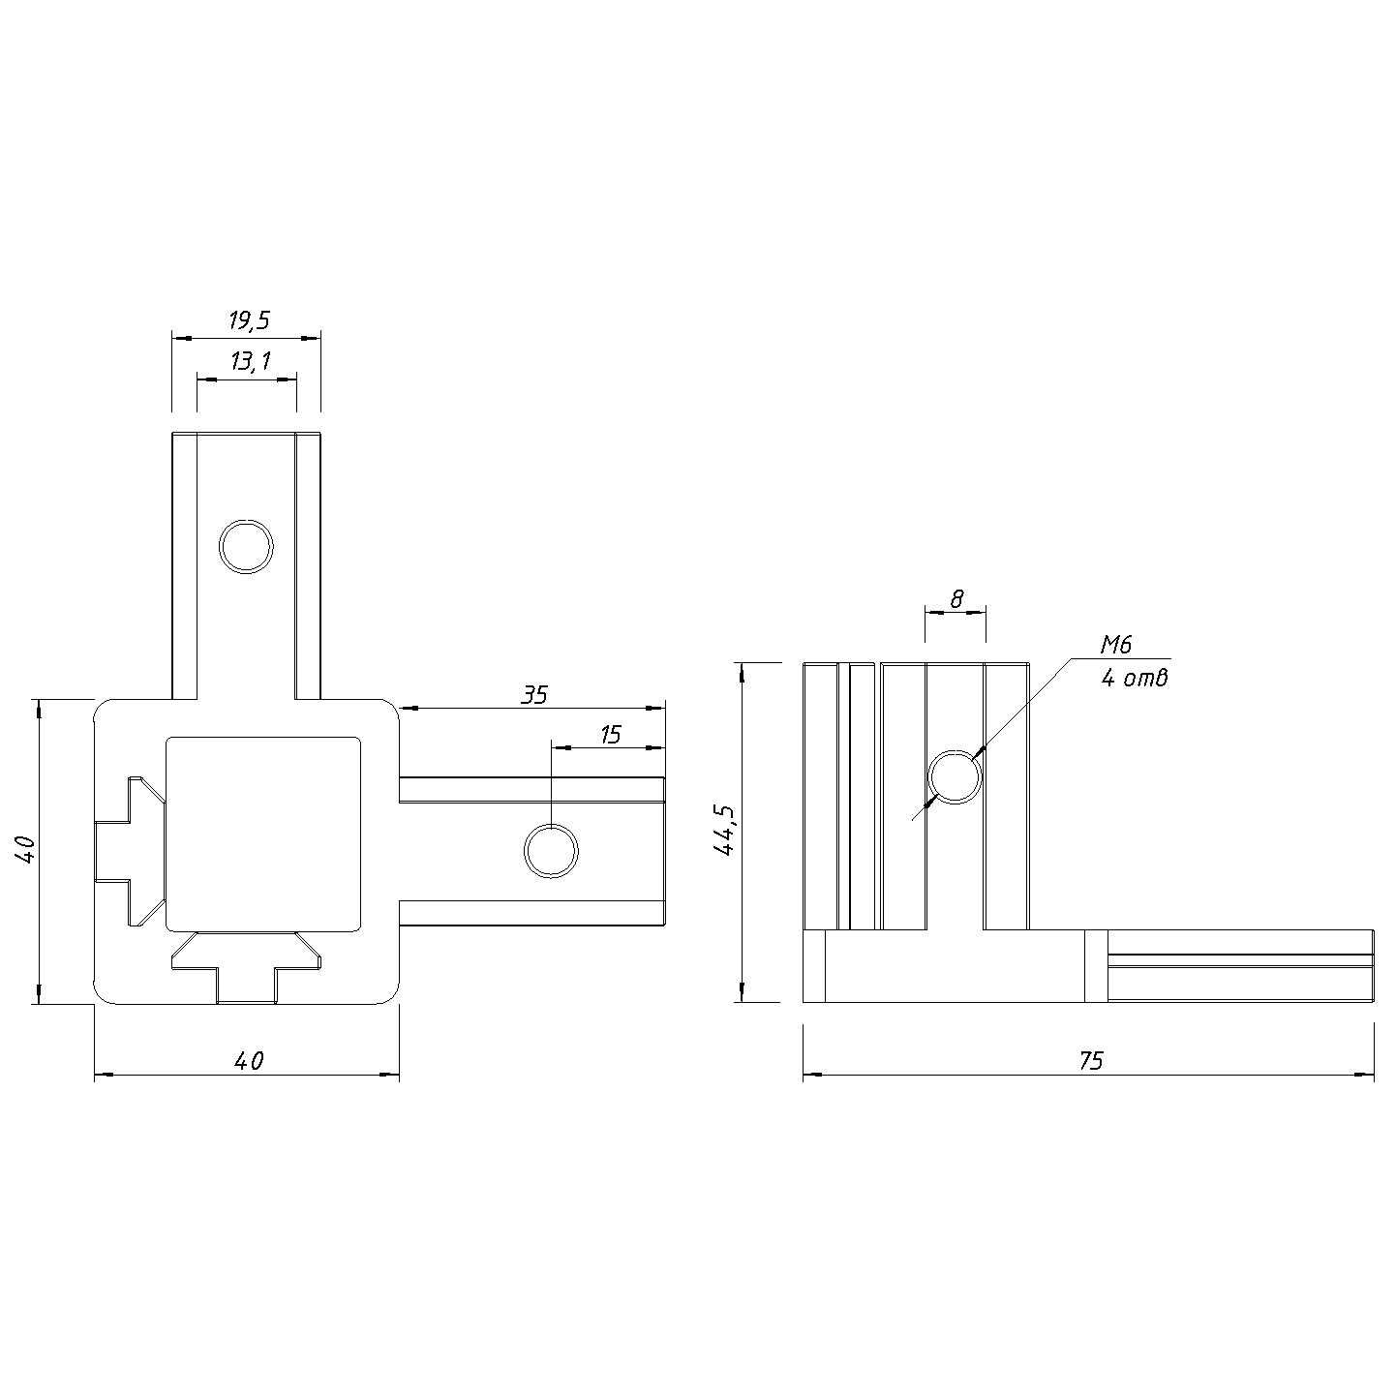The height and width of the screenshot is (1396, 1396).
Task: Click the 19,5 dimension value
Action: pyautogui.click(x=249, y=319)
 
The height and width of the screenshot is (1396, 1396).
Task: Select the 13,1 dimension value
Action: pyautogui.click(x=251, y=361)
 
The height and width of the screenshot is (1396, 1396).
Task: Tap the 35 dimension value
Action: pyautogui.click(x=534, y=695)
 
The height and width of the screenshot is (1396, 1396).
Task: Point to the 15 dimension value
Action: pyautogui.click(x=611, y=735)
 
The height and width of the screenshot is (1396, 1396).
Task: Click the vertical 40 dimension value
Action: pyautogui.click(x=25, y=849)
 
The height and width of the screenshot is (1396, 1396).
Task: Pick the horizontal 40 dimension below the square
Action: pyautogui.click(x=249, y=1061)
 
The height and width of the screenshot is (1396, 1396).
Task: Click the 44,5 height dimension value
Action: pyautogui.click(x=724, y=831)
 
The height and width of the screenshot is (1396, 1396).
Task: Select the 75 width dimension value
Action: pyautogui.click(x=1091, y=1061)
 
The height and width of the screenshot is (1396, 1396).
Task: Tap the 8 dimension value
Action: pyautogui.click(x=957, y=599)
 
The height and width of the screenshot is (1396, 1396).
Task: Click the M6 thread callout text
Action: pyautogui.click(x=1115, y=644)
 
